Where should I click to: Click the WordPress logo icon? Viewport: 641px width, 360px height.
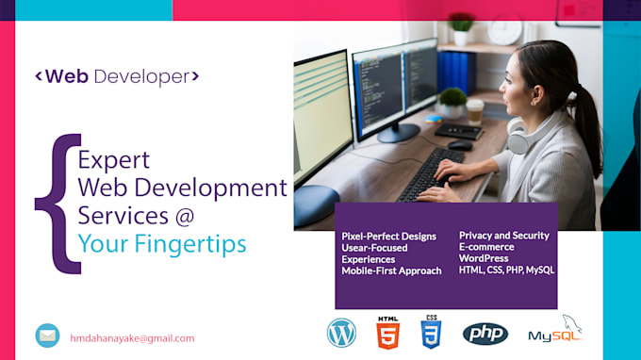tap(341, 333)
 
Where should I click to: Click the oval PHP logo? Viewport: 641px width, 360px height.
tap(485, 334)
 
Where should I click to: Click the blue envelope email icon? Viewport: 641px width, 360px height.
tap(47, 335)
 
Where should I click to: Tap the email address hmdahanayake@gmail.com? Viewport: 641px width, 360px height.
tap(132, 337)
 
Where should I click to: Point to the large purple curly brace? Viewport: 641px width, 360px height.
tap(56, 203)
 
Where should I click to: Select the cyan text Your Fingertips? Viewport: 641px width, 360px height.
tap(162, 244)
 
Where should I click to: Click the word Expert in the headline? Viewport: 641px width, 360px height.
tap(113, 159)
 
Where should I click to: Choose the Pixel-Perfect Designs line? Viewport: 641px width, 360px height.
tap(388, 237)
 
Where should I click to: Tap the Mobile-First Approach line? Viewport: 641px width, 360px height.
tap(391, 270)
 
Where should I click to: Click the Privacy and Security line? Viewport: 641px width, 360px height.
tap(503, 235)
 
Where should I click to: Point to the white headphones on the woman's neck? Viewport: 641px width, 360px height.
tap(518, 139)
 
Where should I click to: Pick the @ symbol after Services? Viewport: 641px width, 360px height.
tap(183, 216)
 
